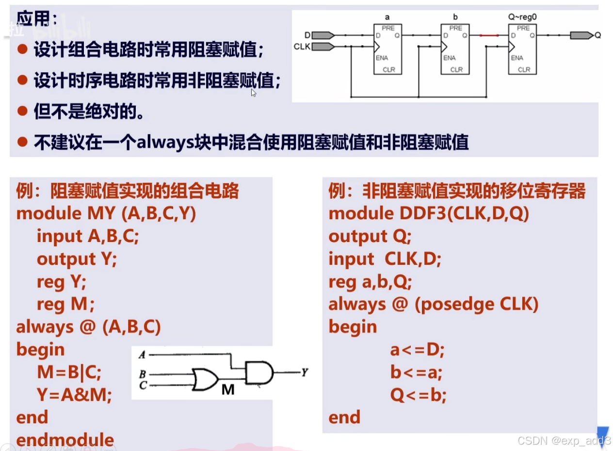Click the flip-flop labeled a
387,49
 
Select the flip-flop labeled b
455,49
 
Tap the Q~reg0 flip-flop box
522,49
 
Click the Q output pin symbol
581,35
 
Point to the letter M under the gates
228,389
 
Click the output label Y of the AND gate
305,372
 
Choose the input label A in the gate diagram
142,355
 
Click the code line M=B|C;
69,372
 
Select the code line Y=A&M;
74,395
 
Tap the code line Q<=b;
418,395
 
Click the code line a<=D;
417,350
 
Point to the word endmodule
65,440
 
